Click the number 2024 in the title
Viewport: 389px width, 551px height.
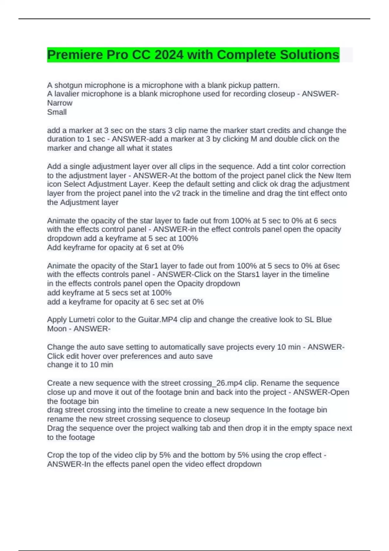169,55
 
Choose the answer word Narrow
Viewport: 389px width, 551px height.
60,103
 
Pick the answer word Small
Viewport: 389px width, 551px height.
57,112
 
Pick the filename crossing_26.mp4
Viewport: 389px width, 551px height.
211,383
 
